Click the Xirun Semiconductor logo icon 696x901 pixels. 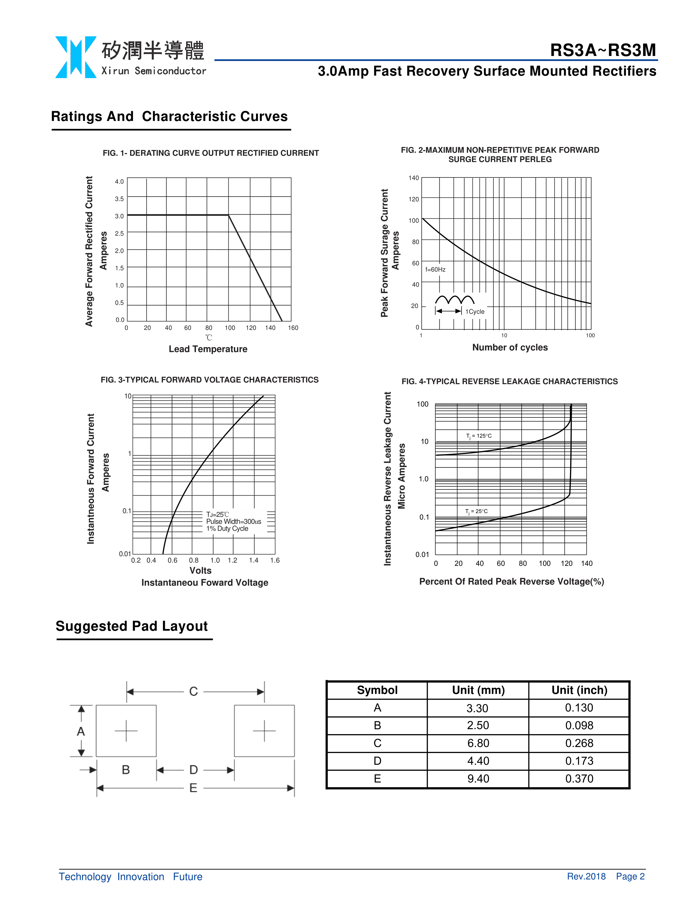point(76,57)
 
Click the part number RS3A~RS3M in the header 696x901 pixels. point(603,50)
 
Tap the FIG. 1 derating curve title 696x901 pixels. point(211,153)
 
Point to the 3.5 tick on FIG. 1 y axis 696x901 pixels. point(119,199)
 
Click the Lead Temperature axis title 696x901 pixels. point(208,349)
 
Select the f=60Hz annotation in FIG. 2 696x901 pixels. point(435,269)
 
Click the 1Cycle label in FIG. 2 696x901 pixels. point(475,312)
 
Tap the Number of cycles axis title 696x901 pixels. point(510,347)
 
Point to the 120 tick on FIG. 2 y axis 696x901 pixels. point(414,199)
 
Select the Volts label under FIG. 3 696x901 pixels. point(200,571)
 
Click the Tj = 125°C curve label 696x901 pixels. point(479,436)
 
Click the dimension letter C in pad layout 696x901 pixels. point(194,691)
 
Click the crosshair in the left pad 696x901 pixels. point(126,731)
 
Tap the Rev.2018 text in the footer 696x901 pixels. point(586,876)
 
